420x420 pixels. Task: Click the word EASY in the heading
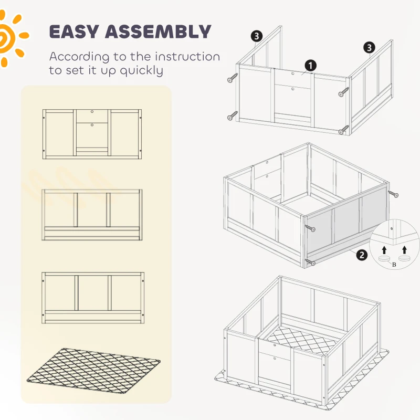(x=74, y=31)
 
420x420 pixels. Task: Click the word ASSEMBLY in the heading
(x=158, y=31)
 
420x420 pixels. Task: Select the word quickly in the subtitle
(x=141, y=71)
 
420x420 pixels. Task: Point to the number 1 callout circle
(x=310, y=65)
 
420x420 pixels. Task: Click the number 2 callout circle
(x=362, y=255)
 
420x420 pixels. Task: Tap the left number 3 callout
(x=257, y=36)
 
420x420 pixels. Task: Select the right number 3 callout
(x=369, y=48)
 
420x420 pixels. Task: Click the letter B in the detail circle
(x=394, y=265)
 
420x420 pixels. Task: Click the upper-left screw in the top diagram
(x=232, y=78)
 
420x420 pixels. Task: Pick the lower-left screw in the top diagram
(x=232, y=115)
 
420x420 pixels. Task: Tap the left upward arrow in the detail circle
(x=384, y=250)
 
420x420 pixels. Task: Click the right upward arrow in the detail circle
(x=404, y=250)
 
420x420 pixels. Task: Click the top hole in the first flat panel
(x=92, y=111)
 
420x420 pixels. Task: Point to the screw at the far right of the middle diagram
(x=393, y=194)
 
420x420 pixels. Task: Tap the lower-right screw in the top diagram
(x=343, y=130)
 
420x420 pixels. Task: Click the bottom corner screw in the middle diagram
(x=310, y=262)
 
